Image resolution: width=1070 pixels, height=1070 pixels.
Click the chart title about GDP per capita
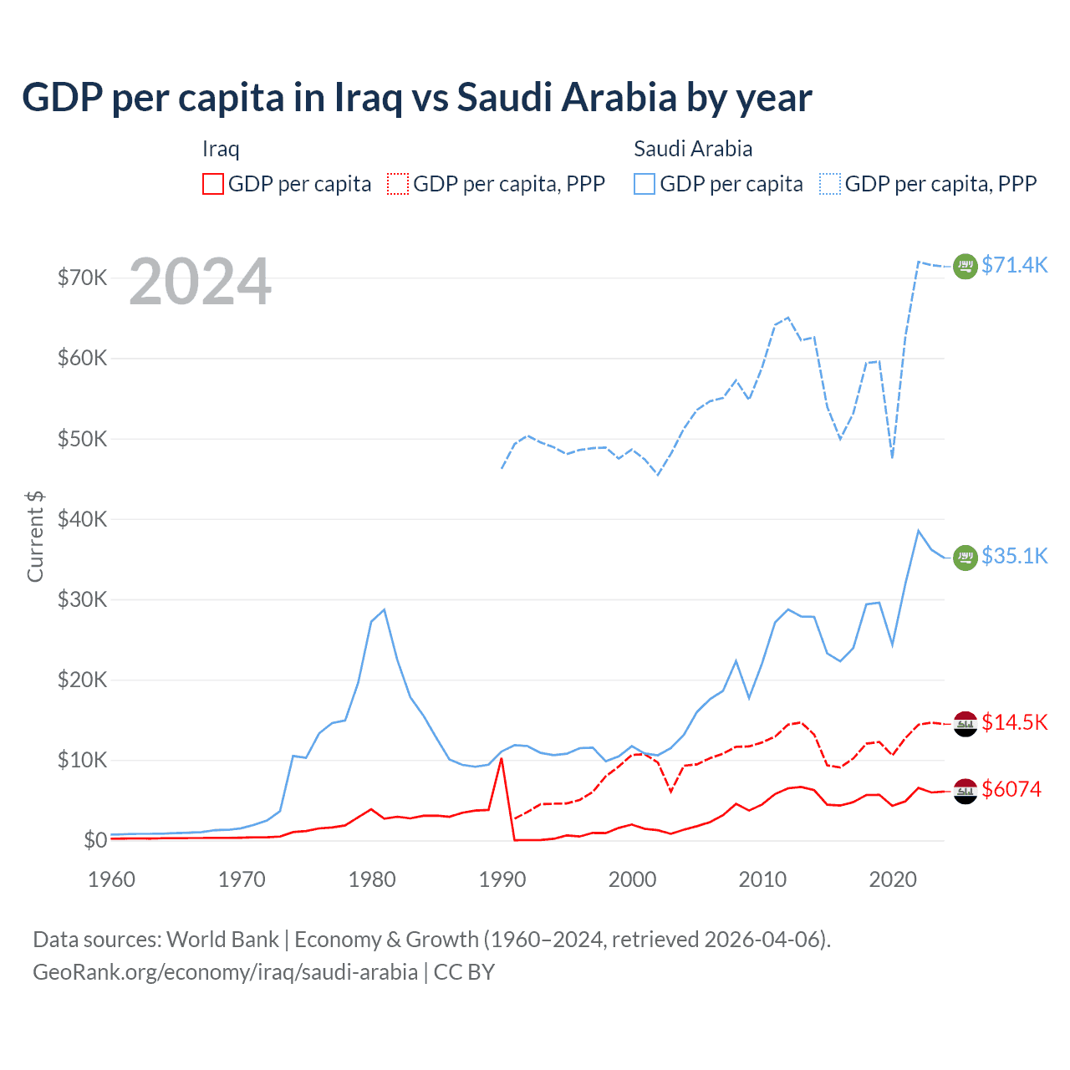pos(416,97)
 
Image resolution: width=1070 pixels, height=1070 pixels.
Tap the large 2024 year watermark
pos(200,282)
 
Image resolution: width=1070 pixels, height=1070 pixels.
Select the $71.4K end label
pos(1014,265)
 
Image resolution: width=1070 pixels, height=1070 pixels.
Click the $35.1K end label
pos(1014,556)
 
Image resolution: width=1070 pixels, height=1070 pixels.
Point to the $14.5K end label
pos(1014,722)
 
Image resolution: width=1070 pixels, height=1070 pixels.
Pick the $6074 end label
pos(1011,789)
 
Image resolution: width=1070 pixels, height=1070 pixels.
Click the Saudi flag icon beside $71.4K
pos(966,266)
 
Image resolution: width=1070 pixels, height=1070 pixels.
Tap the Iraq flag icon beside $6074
pos(966,790)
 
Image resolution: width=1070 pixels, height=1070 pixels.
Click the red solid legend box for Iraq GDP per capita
pos(213,184)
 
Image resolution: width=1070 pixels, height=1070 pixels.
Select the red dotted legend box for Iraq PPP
pos(398,184)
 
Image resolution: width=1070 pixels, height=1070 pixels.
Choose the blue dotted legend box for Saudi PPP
pos(830,184)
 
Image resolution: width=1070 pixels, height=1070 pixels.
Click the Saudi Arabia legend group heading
pos(693,149)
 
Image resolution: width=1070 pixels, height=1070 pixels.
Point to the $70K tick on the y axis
pos(82,278)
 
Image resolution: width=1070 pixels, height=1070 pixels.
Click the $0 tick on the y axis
pos(95,840)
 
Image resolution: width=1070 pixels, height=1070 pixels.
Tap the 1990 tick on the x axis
pos(502,879)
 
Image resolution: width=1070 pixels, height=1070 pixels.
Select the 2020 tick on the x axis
pos(893,879)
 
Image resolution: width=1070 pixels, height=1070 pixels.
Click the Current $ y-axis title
pos(35,537)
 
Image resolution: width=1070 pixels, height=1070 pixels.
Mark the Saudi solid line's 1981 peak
pos(384,609)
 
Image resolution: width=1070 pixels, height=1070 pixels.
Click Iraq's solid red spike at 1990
pos(502,759)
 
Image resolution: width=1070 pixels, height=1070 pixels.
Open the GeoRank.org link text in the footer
pos(225,972)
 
